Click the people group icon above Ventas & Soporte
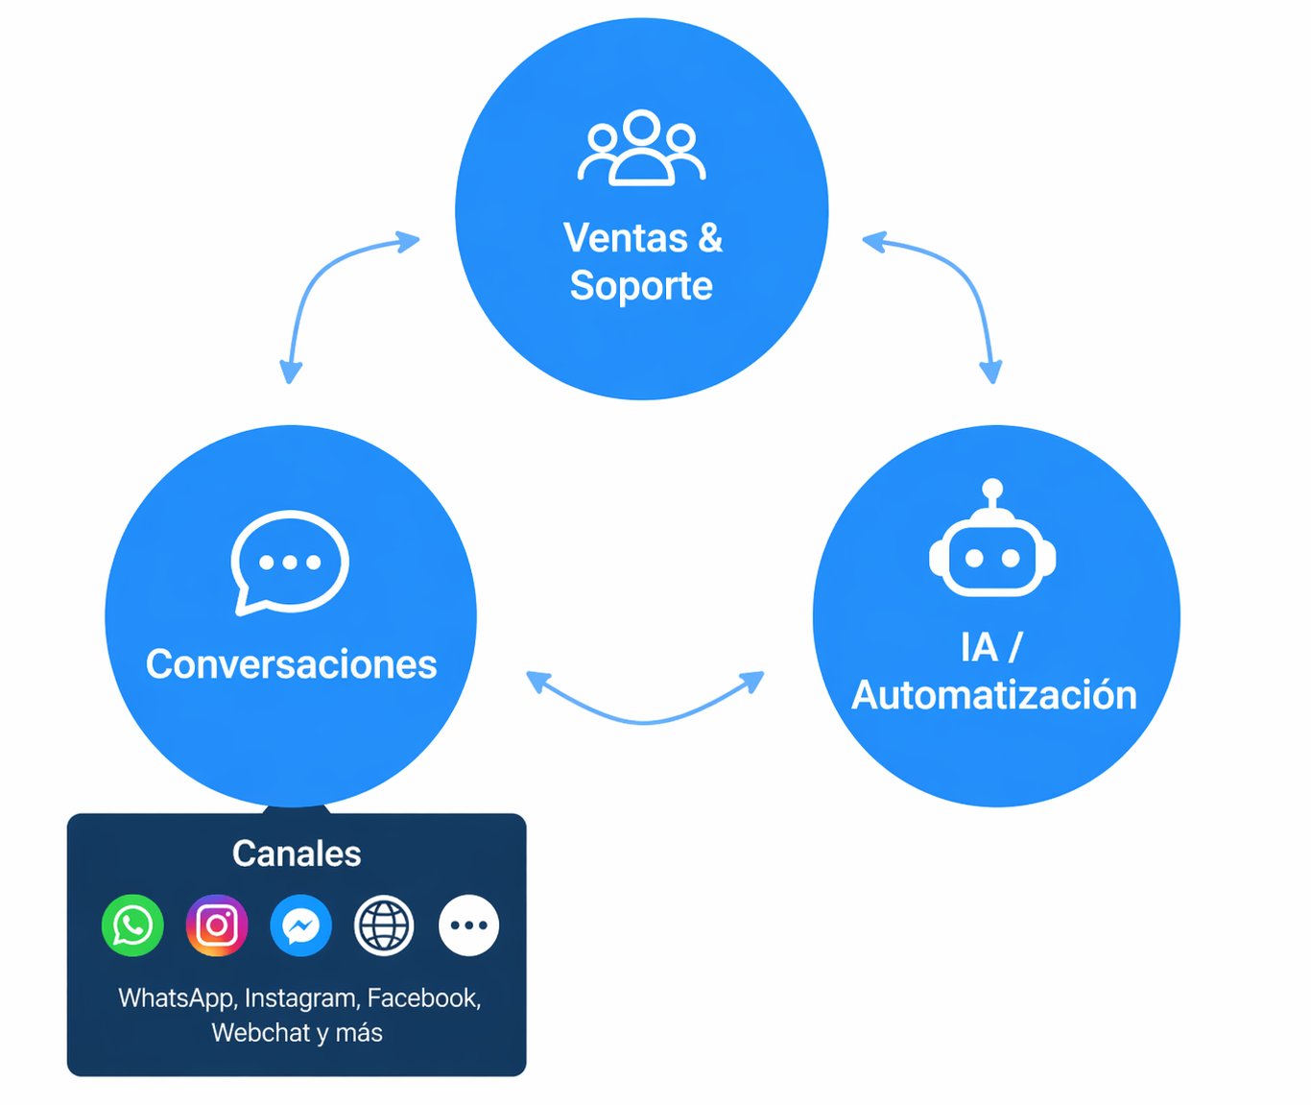641,148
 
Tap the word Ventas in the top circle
625,238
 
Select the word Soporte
641,286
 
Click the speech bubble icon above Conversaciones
290,562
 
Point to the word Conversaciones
291,664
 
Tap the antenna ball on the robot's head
992,490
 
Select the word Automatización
994,695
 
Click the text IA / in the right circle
991,648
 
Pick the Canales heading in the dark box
297,853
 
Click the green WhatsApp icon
132,925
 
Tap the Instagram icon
217,925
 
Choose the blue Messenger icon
300,925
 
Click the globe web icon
384,925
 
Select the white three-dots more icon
468,925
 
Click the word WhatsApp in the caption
176,998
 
